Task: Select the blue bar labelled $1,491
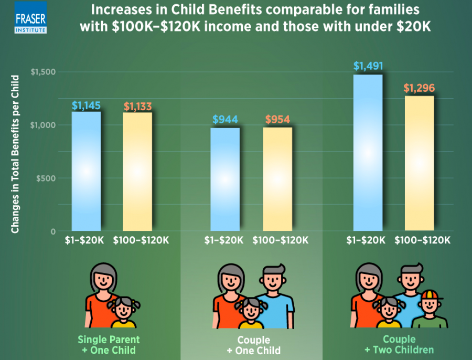coord(368,152)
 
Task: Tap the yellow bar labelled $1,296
coord(419,163)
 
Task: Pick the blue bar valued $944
coord(225,178)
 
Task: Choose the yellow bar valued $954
coord(277,178)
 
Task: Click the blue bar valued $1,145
coord(86,171)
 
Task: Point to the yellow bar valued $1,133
coord(137,171)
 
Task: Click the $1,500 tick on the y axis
coord(44,72)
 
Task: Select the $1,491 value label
coord(368,67)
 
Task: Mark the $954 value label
coord(277,119)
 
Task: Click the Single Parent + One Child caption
coord(109,344)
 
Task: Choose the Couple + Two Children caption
coord(399,344)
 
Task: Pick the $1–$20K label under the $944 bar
coord(225,240)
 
